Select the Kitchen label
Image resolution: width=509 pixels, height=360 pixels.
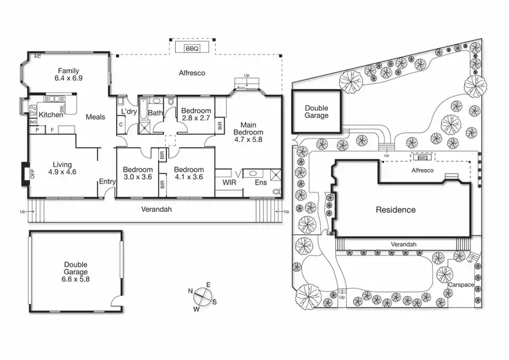50,115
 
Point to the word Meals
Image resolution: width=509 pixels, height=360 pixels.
95,117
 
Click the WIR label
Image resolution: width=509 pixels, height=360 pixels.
228,182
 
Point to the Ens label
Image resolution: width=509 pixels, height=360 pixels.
261,182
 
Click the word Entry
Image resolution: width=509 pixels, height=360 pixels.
107,181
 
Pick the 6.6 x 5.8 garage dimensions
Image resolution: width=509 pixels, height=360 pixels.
76,278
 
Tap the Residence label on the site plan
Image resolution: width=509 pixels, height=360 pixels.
396,210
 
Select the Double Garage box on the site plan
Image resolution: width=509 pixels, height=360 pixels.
316,112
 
